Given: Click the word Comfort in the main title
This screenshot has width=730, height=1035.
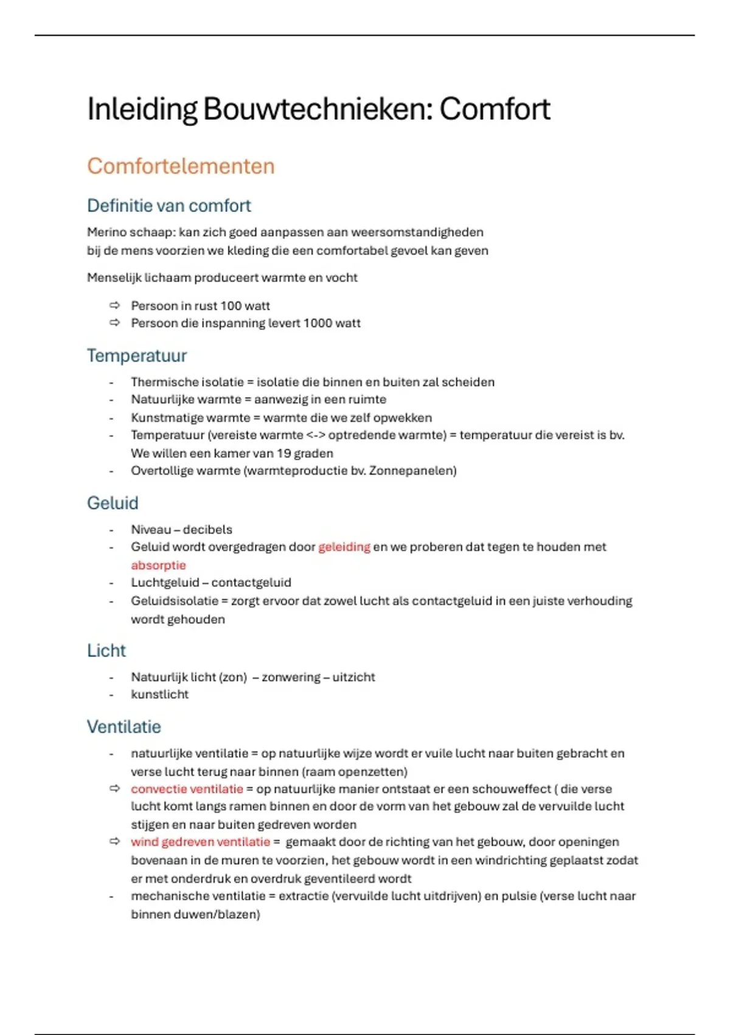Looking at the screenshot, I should coord(495,110).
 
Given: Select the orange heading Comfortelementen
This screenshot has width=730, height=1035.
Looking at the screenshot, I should coord(181,166).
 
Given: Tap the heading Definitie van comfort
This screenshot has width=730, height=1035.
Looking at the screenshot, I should coord(169,206).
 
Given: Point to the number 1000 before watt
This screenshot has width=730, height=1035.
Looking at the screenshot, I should coord(318,323).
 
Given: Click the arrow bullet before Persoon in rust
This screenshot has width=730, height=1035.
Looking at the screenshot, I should coord(114,306).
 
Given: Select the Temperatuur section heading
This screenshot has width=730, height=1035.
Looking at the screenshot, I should coord(136,356).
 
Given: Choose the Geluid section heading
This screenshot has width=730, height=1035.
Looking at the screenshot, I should coord(113,503).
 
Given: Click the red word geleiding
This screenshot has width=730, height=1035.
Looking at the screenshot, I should coord(344,547).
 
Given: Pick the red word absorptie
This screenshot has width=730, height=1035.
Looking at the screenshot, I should coord(158,565).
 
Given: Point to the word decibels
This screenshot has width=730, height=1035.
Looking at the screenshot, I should coord(207,530).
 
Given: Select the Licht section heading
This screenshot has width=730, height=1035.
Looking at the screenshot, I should coord(106,651).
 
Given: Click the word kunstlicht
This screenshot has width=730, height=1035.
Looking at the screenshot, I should coord(159,695).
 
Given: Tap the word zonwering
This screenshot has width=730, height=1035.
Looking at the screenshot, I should coord(291,677).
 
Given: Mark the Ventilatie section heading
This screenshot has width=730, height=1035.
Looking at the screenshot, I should coord(123,727).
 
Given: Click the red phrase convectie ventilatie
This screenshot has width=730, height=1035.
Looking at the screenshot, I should coord(187,789).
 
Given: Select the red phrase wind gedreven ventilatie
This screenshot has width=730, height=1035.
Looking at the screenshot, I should coord(200,842).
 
